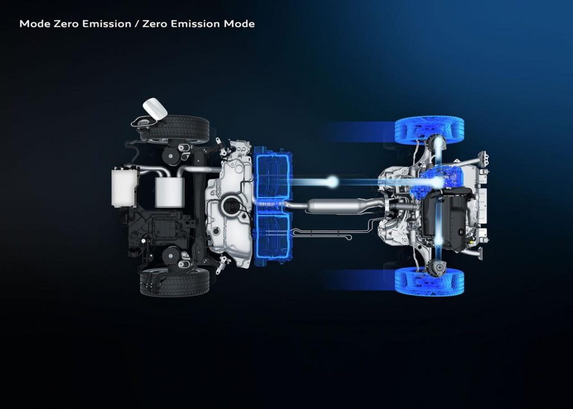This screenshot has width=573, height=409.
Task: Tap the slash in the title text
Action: pyautogui.click(x=137, y=23)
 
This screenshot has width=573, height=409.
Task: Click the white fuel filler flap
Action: pyautogui.click(x=155, y=109)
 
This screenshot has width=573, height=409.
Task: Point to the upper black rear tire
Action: pyautogui.click(x=175, y=129)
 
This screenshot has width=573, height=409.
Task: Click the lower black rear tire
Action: pyautogui.click(x=175, y=282)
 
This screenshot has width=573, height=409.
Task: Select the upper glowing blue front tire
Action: pyautogui.click(x=429, y=130)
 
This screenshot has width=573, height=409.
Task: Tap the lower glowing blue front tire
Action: pyautogui.click(x=429, y=281)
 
